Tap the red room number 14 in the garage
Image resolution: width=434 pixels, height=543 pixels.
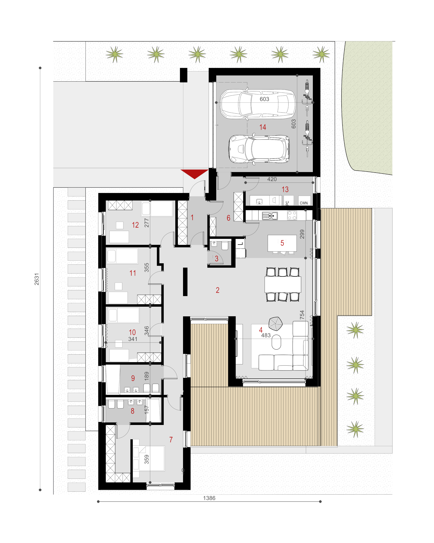pyautogui.click(x=263, y=127)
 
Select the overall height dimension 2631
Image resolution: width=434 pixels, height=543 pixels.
pyautogui.click(x=37, y=279)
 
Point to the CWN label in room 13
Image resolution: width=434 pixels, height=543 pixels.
pyautogui.click(x=303, y=203)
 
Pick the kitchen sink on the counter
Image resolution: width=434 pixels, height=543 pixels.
pyautogui.click(x=270, y=216)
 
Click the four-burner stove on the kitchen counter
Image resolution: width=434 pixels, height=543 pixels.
pyautogui.click(x=292, y=216)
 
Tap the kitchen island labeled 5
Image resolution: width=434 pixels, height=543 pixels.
pyautogui.click(x=282, y=243)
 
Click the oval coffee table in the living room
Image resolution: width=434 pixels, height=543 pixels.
pyautogui.click(x=276, y=342)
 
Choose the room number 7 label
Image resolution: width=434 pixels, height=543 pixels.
pyautogui.click(x=171, y=440)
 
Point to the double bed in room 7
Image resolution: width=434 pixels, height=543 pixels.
pyautogui.click(x=149, y=458)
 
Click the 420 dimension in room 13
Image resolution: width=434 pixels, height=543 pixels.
pyautogui.click(x=272, y=179)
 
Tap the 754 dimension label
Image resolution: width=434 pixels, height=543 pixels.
pyautogui.click(x=302, y=315)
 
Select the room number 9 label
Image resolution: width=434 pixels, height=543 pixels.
pyautogui.click(x=133, y=378)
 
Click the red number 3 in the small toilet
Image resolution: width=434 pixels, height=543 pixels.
pyautogui.click(x=216, y=258)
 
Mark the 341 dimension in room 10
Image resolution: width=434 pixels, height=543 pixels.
pyautogui.click(x=133, y=339)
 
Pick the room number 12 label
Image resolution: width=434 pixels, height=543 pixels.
pyautogui.click(x=135, y=225)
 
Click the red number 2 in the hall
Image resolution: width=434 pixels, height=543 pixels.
pyautogui.click(x=218, y=290)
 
